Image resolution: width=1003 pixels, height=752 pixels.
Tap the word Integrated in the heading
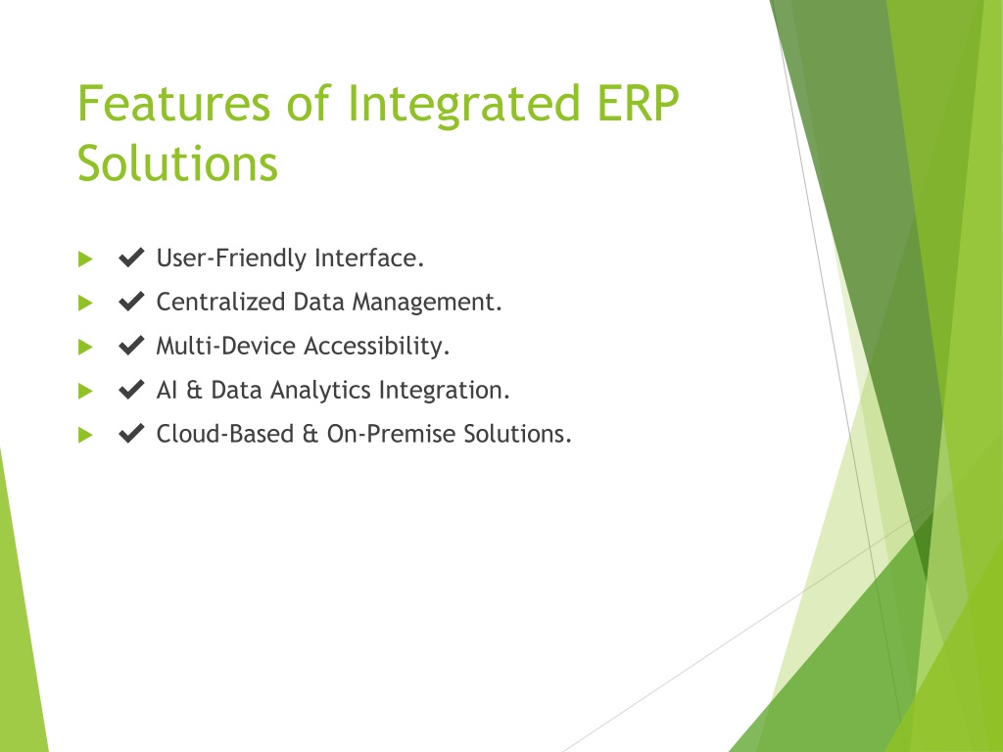[x=463, y=106]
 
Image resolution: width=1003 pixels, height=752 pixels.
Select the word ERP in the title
[x=638, y=103]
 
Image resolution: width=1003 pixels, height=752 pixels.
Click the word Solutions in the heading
[x=178, y=164]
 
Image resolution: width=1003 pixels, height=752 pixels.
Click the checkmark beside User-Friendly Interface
[x=131, y=258]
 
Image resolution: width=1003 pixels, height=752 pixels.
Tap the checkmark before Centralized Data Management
[x=131, y=302]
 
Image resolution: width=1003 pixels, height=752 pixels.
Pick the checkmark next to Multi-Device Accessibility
[x=131, y=346]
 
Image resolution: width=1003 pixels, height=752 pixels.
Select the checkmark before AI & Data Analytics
[x=131, y=390]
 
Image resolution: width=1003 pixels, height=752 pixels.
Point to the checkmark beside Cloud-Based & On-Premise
[x=131, y=434]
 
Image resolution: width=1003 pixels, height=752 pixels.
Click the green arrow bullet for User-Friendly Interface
[x=85, y=258]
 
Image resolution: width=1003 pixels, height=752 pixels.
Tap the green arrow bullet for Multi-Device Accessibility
[x=85, y=348]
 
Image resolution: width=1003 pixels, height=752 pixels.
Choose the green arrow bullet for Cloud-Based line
[x=85, y=436]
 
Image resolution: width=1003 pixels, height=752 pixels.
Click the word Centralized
[x=220, y=302]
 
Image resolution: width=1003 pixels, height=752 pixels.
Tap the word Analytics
[x=320, y=391]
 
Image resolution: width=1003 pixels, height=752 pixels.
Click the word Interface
[x=369, y=258]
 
